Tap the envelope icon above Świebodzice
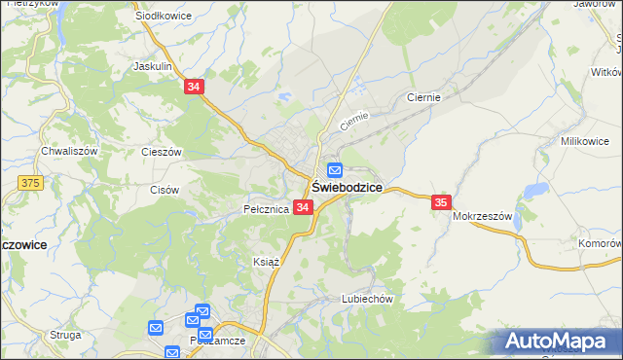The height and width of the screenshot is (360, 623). [334, 169]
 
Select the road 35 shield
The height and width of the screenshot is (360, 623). [441, 202]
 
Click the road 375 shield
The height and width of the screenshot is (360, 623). [30, 182]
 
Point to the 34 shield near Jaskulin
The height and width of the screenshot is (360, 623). [194, 87]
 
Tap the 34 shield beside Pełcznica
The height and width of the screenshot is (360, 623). [303, 207]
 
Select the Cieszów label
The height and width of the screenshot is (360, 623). [162, 152]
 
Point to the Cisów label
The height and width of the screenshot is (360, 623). [164, 190]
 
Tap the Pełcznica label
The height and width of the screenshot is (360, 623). [266, 209]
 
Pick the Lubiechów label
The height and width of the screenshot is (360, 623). [366, 300]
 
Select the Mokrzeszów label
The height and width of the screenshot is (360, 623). [482, 217]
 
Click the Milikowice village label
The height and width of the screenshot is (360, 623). [584, 141]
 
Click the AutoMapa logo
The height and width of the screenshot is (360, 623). [558, 342]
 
